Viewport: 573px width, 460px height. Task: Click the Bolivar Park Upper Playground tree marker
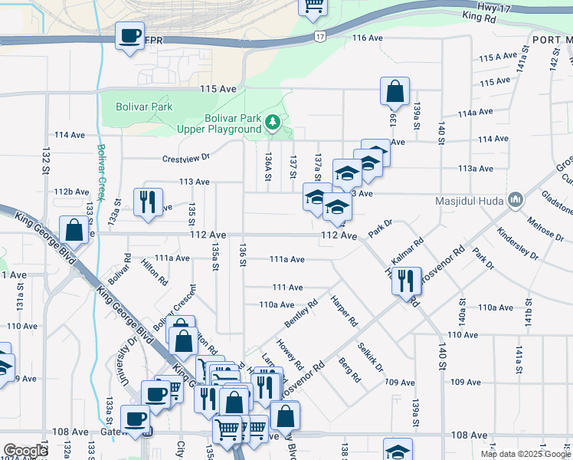tap(272, 122)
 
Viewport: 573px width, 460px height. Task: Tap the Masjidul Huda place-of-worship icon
tap(516, 202)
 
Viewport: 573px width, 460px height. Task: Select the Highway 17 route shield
tap(319, 36)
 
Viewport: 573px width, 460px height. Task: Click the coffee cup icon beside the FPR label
tap(129, 35)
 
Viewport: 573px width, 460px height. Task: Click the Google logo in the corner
tap(25, 451)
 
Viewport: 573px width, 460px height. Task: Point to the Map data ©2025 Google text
tap(526, 454)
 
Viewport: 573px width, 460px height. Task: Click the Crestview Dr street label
tap(186, 159)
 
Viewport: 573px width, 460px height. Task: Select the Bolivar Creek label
tap(100, 169)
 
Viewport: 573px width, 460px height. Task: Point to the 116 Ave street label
tap(367, 38)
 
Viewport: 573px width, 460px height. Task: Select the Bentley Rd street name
tap(300, 315)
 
